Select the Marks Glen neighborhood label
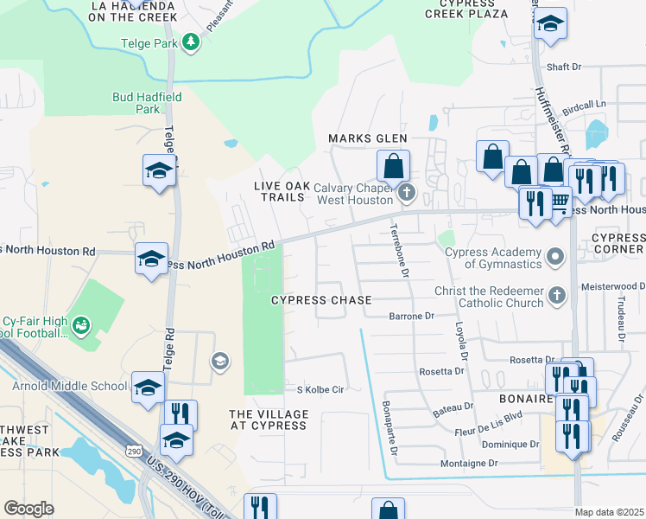[x=367, y=138]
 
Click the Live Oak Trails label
[x=279, y=191]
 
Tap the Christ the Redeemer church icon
[x=557, y=297]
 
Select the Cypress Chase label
[x=321, y=300]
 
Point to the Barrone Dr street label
[x=411, y=317]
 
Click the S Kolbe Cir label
[x=320, y=389]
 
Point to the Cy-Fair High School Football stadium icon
[x=80, y=325]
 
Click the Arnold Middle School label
[x=69, y=386]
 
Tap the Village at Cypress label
[x=268, y=420]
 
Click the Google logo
[x=28, y=509]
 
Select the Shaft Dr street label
[x=565, y=67]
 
